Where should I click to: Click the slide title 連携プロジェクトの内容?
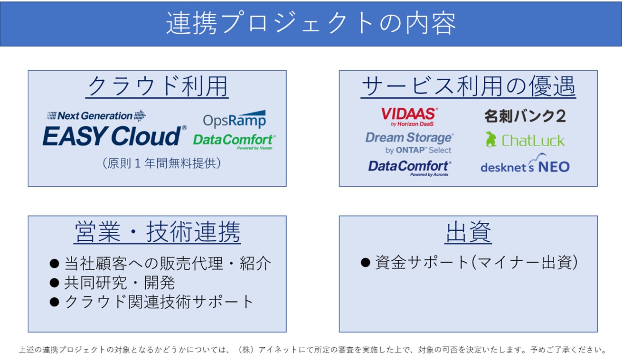tap(311, 23)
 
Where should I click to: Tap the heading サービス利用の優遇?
tap(468, 86)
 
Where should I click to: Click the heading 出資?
tap(468, 232)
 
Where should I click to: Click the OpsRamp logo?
tap(234, 120)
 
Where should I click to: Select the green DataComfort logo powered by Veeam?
tap(234, 141)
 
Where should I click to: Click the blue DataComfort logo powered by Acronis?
tap(409, 167)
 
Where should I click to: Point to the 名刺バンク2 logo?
tap(525, 116)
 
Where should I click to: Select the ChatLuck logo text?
tap(533, 141)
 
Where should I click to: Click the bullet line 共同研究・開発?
tap(119, 283)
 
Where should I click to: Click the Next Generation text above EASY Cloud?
tap(95, 116)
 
